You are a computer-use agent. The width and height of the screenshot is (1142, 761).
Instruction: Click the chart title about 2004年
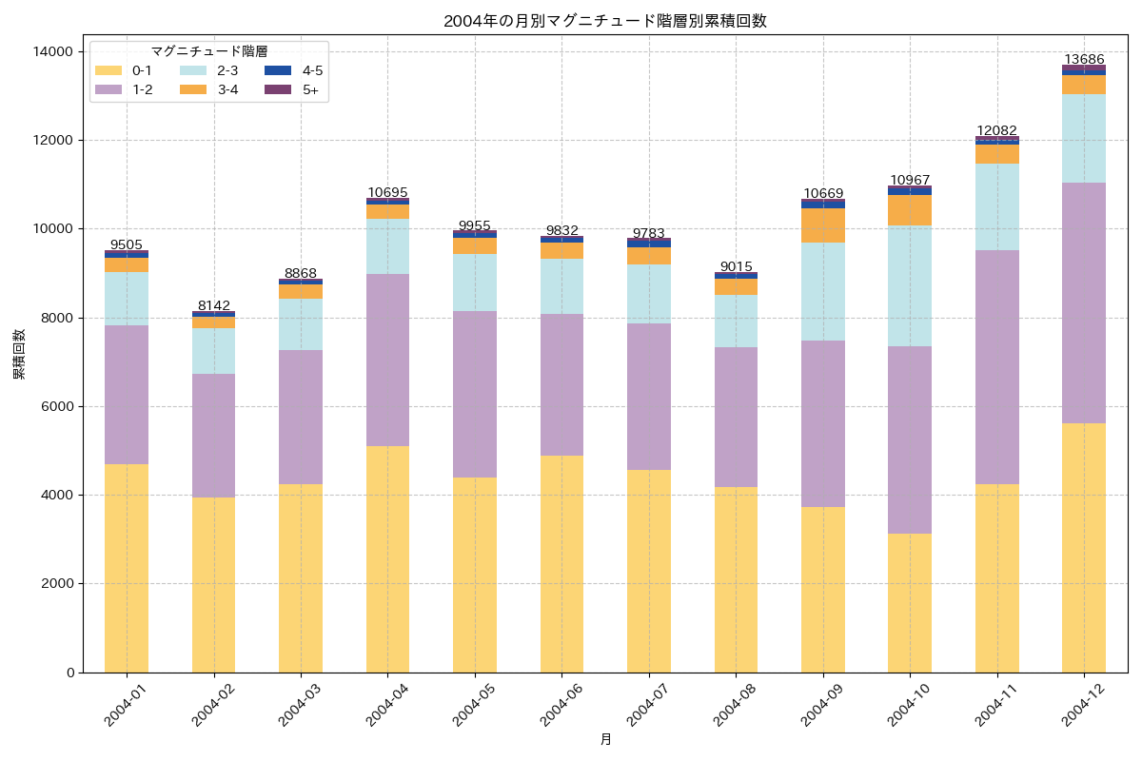pos(604,21)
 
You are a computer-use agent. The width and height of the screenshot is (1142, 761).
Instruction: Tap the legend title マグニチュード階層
pos(208,51)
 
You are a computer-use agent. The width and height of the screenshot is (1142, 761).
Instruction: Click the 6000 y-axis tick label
pos(58,406)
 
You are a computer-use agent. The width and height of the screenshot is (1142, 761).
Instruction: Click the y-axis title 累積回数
pos(19,354)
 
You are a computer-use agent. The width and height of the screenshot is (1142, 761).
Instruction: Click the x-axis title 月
pos(605,739)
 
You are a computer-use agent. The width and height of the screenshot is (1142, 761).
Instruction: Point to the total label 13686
pos(1084,59)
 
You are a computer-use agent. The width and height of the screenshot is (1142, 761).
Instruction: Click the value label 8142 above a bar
pos(214,305)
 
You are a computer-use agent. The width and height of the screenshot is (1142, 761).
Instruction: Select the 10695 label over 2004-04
pos(387,192)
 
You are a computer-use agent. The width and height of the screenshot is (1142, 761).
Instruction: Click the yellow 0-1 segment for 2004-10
pos(910,603)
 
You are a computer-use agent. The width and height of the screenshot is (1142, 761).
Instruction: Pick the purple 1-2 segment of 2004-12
pos(1084,302)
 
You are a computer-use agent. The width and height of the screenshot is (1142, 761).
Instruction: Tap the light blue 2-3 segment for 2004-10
pos(910,285)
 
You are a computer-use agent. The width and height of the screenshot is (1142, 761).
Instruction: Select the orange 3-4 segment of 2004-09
pos(823,225)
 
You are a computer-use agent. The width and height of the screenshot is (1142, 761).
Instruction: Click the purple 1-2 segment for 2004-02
pos(214,436)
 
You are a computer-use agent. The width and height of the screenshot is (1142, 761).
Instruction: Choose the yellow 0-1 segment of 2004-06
pos(561,564)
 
